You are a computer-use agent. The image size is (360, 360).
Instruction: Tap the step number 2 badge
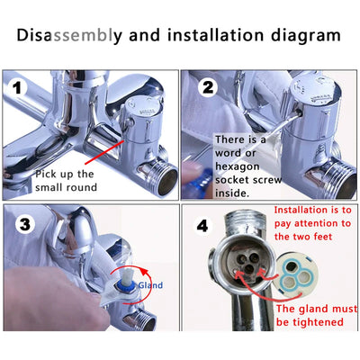click(x=206, y=87)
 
